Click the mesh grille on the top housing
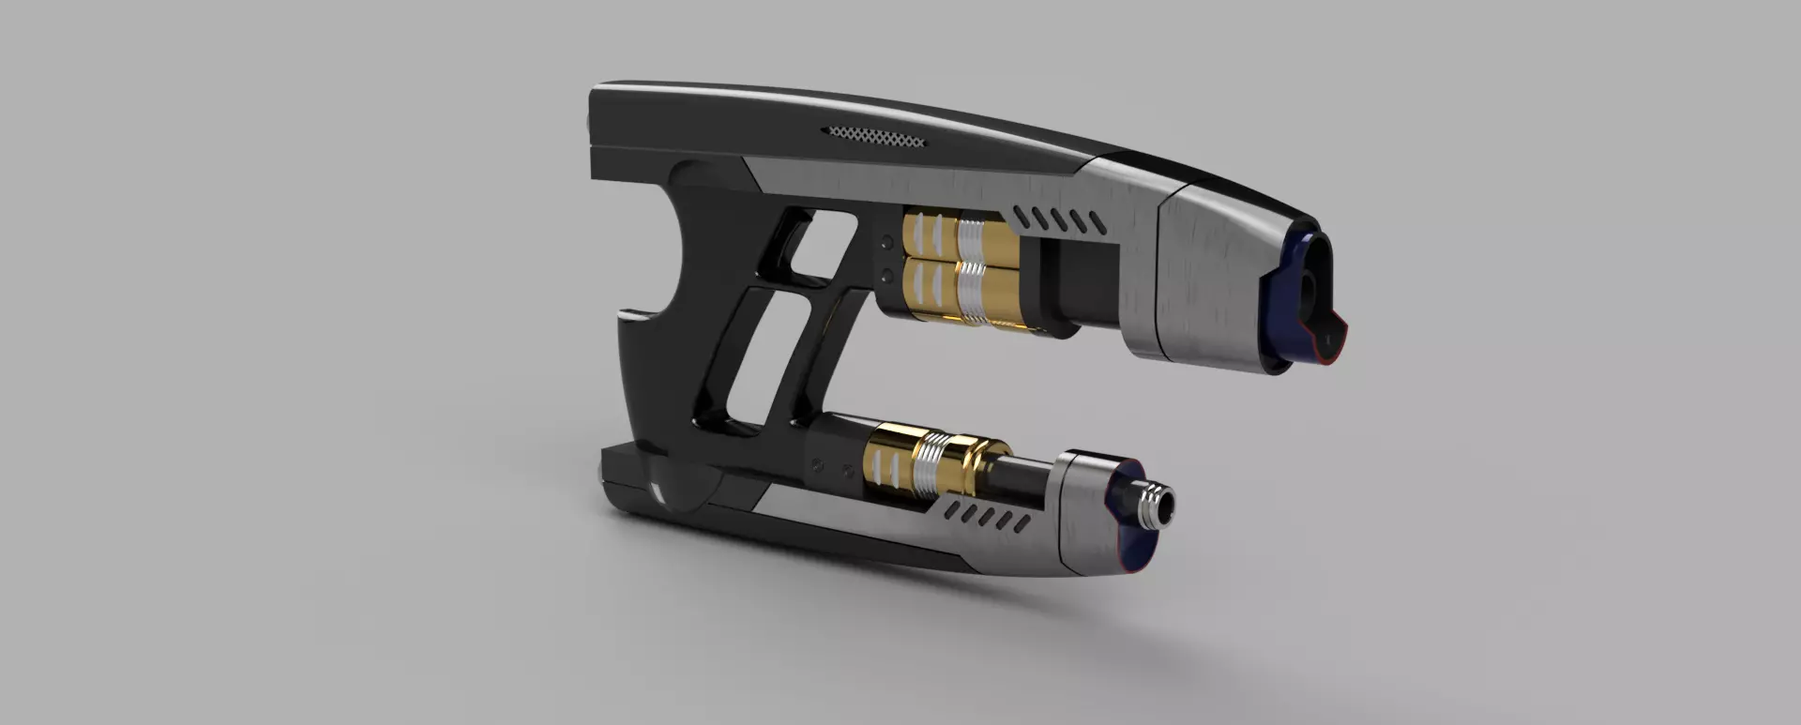point(874,137)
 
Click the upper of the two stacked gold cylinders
point(947,235)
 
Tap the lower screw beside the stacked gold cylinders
point(886,275)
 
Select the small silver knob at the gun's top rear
point(588,122)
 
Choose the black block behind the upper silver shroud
point(1088,282)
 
